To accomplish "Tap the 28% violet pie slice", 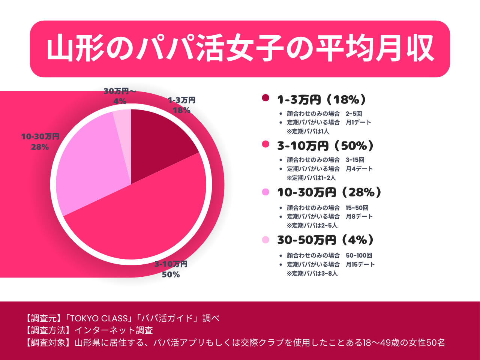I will (x=90, y=165).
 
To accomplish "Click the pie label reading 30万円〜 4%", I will (x=120, y=96).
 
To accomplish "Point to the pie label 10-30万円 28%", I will (x=40, y=142).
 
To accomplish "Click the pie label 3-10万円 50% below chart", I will (x=171, y=269).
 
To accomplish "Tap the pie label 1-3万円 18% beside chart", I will (x=181, y=105).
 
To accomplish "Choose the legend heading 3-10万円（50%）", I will (x=325, y=146).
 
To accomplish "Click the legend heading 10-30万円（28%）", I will (x=329, y=192).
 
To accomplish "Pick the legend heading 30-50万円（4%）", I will (x=325, y=240).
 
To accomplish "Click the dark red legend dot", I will (x=265, y=98).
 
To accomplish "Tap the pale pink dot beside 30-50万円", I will (x=265, y=240).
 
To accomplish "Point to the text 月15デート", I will (x=360, y=264).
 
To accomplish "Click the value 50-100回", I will (x=359, y=255).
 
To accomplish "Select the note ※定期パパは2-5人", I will (x=312, y=225).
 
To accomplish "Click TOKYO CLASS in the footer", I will (x=99, y=318).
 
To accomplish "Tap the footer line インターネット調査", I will (x=114, y=330).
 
